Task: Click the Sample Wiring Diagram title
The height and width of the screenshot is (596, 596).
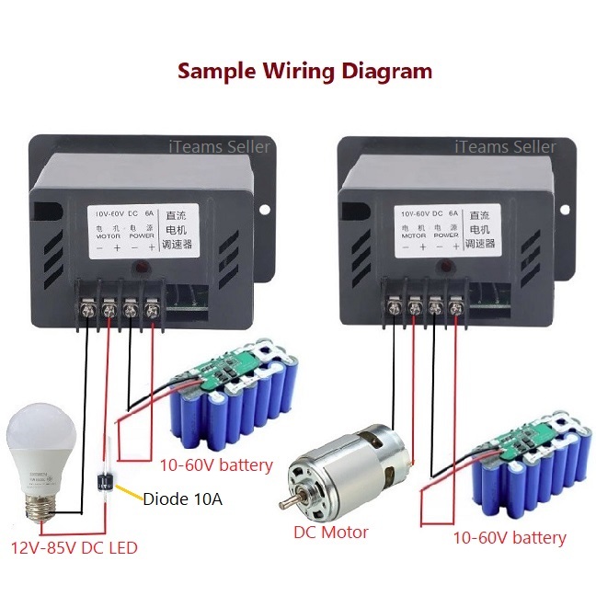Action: [304, 71]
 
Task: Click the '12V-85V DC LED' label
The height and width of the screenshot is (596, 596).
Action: [73, 548]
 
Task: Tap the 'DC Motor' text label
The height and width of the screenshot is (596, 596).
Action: [331, 532]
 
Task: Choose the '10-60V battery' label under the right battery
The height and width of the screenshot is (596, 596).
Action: [510, 537]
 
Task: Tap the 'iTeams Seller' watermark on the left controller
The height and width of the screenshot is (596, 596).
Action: [219, 146]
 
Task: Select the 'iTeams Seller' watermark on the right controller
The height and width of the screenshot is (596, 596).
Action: [506, 146]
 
